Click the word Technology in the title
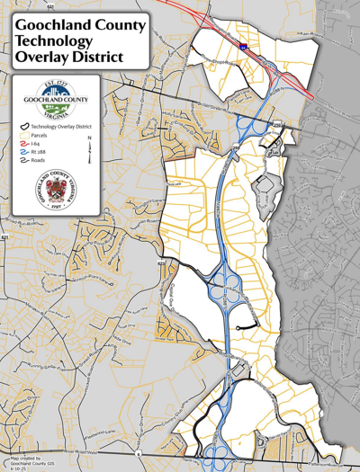[x=52, y=41]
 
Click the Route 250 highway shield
[x=278, y=123]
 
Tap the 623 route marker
[x=161, y=263]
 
